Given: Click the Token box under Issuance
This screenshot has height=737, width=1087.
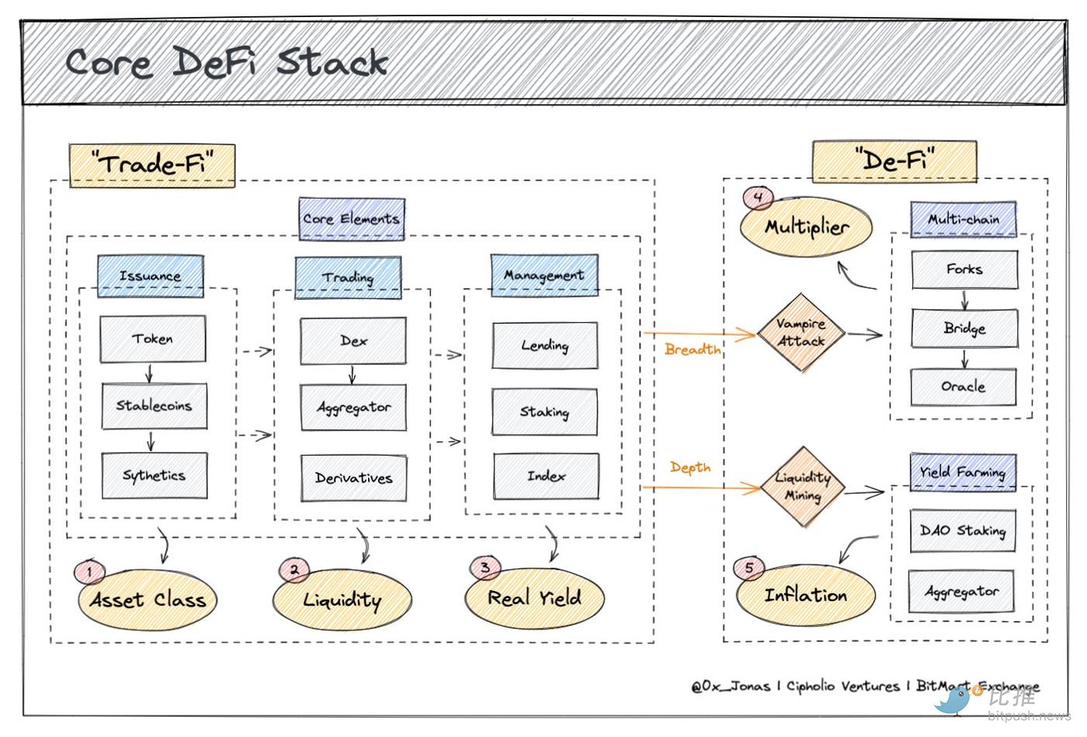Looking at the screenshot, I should point(153,339).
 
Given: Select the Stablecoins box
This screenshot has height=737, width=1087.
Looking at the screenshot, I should point(154,405).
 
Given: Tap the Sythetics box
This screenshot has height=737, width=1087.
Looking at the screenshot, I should point(154,475).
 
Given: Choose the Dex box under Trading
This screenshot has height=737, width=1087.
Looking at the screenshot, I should point(353,340).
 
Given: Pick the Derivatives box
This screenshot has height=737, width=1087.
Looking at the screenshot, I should point(353,478).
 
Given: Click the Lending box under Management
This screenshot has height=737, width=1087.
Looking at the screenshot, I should point(545,346).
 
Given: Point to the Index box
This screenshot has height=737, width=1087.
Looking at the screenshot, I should point(546,475).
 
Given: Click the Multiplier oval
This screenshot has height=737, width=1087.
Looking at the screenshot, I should point(807,227).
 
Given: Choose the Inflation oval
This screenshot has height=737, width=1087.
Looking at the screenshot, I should point(806,596).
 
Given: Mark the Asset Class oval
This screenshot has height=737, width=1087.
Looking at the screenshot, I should point(148,600).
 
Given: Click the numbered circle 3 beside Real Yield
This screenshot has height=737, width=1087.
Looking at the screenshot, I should point(485,568).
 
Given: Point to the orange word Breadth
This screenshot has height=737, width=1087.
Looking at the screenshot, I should point(693,349).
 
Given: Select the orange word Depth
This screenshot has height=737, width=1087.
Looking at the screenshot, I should point(690,468).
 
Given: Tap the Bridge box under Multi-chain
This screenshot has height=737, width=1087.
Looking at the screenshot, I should point(964,329).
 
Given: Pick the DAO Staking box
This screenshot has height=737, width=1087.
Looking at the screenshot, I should point(962,530).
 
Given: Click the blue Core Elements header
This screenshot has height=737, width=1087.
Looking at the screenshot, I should point(352,219).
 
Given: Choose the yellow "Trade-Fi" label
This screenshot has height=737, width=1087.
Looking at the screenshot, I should point(152,164).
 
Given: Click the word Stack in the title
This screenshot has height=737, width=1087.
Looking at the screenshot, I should point(332,62).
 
